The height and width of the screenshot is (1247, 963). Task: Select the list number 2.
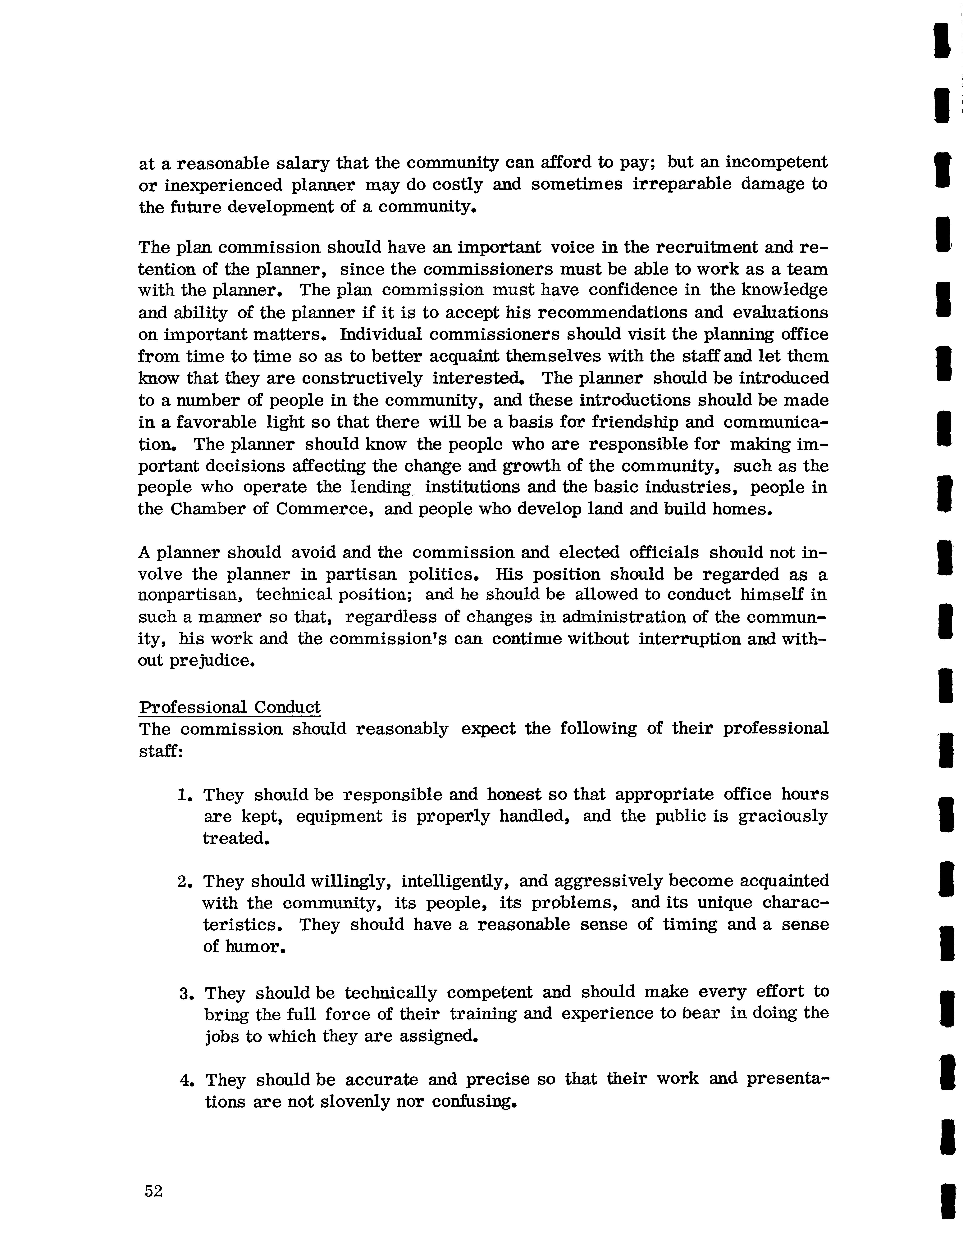pyautogui.click(x=183, y=882)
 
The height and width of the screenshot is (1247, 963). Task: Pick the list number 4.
pyautogui.click(x=185, y=1080)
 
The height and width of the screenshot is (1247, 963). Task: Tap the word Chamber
pyautogui.click(x=207, y=509)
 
